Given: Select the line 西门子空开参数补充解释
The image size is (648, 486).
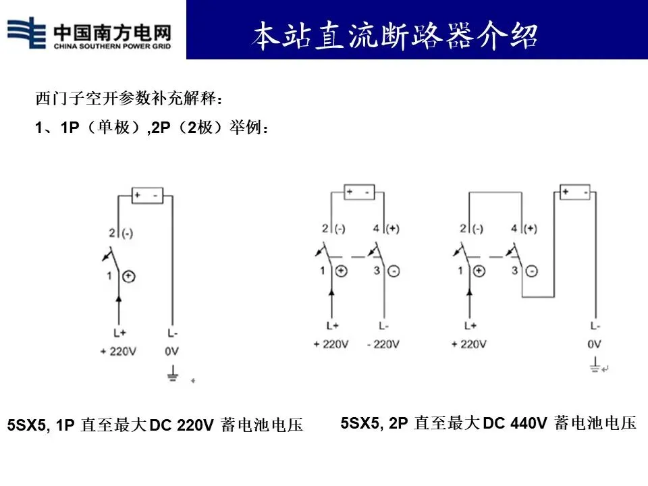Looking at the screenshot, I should pos(129,99).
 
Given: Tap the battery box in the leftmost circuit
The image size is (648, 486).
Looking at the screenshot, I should pos(146,196).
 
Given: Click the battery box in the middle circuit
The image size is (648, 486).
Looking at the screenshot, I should pos(358,192).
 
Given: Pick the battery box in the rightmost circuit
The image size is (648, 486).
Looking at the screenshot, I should pos(574,193).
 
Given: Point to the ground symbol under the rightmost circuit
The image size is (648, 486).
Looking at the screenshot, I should pos(594,368).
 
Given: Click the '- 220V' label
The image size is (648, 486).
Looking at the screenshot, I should pos(384,344).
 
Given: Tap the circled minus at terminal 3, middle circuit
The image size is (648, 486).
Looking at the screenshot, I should pos(394,271).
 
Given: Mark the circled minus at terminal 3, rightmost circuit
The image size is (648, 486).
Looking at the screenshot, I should pos(532,271).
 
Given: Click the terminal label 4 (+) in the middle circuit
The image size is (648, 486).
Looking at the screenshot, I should pos(391,228).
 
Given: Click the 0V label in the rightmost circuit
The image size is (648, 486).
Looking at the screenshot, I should pos(594,344).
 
